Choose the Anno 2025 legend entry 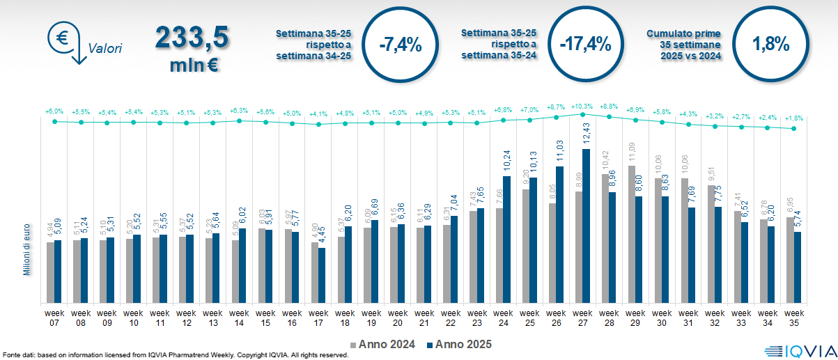pyautogui.click(x=459, y=343)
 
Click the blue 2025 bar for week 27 pyautogui.click(x=587, y=226)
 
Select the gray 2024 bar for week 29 pyautogui.click(x=632, y=234)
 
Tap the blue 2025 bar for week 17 pyautogui.click(x=323, y=275)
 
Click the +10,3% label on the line pyautogui.click(x=582, y=107)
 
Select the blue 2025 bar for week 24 pyautogui.click(x=507, y=240)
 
